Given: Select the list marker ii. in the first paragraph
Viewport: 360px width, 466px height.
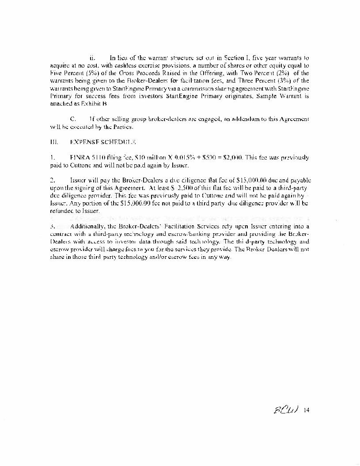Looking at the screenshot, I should point(92,57).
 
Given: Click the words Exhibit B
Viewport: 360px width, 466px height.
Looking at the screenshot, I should point(96,104).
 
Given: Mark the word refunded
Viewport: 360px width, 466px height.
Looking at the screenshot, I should point(63,211).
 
